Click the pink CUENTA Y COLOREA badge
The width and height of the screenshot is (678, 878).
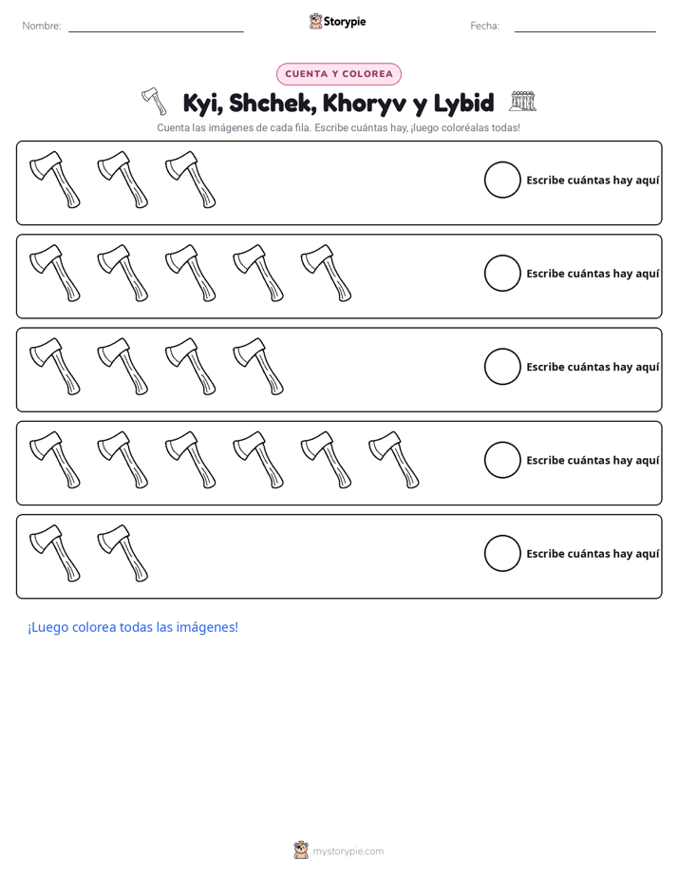(338, 74)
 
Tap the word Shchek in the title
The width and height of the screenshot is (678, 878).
(270, 103)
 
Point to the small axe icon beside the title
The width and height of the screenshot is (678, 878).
(154, 101)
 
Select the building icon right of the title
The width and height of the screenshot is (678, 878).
(522, 102)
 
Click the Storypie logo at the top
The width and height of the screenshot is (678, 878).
(337, 21)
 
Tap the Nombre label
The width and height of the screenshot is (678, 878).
(42, 26)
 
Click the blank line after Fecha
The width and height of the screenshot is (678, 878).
(585, 31)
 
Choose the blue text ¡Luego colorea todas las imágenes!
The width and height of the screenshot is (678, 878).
(133, 627)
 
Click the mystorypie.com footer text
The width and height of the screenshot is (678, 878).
(348, 851)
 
